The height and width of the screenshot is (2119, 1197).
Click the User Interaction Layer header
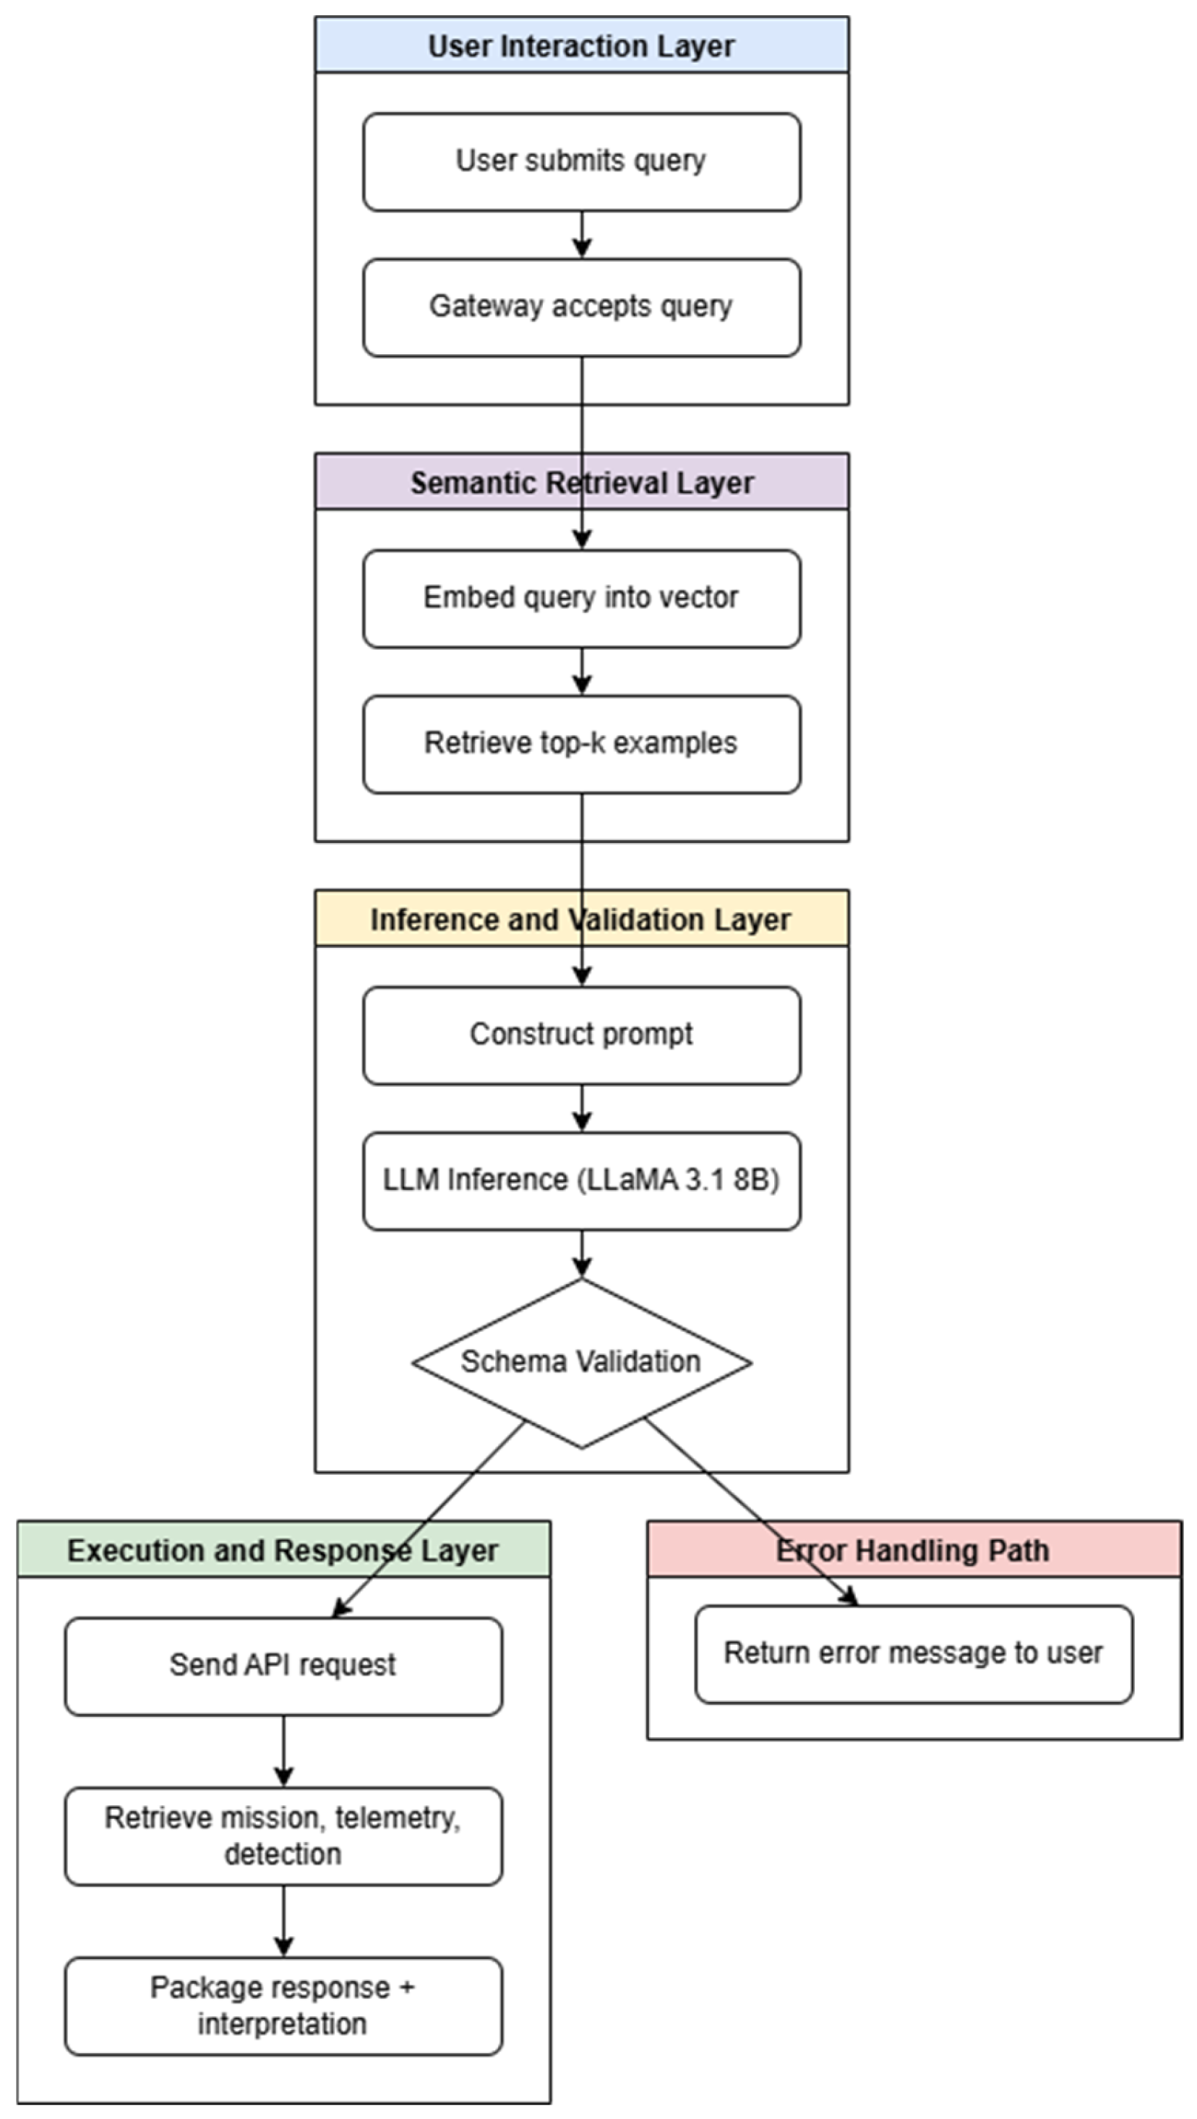click(581, 46)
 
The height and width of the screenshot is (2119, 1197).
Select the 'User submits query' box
click(581, 161)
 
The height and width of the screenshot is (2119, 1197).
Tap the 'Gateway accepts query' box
click(581, 307)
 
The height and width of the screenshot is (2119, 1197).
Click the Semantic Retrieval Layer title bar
click(581, 482)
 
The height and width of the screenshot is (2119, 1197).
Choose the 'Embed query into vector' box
click(581, 598)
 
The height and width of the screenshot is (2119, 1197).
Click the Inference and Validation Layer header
click(581, 919)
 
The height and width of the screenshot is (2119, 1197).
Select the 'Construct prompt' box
click(581, 1035)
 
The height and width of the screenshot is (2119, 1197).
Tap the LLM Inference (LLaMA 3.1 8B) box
click(581, 1181)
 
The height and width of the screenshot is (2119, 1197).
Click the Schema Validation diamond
click(581, 1362)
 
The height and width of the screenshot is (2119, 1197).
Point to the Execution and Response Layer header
click(283, 1550)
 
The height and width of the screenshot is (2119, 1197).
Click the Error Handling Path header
click(913, 1550)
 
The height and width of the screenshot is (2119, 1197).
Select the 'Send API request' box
click(283, 1665)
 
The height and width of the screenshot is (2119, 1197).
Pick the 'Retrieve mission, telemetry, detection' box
click(283, 1836)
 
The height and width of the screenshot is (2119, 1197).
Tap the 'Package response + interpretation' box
click(283, 2005)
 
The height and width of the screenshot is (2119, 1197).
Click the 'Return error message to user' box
click(913, 1653)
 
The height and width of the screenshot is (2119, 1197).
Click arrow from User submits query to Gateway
click(582, 234)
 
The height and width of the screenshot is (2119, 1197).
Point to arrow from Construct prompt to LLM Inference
click(582, 1108)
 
